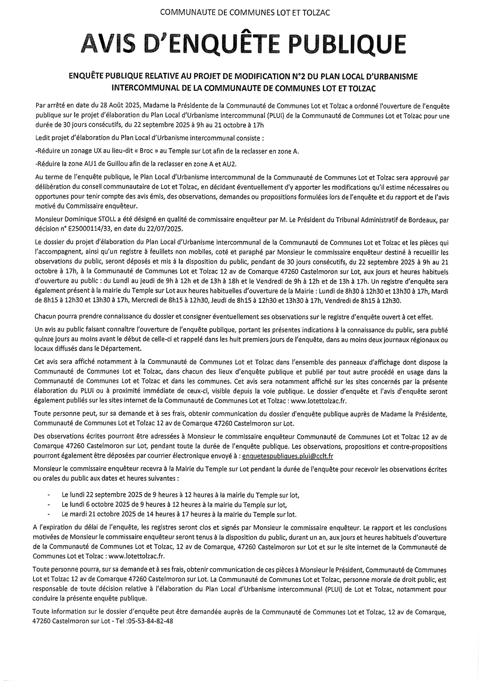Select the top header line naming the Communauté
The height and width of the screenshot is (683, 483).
click(x=242, y=13)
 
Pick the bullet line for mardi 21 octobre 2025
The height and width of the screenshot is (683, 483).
click(x=178, y=515)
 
